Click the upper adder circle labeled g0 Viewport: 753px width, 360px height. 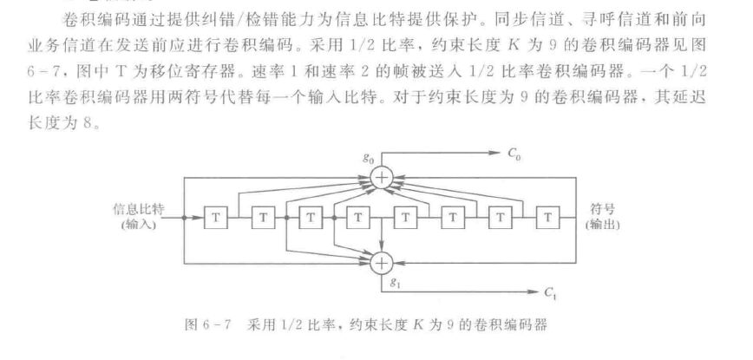[382, 178]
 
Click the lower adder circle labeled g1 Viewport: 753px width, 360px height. [382, 263]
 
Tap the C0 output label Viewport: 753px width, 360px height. [514, 154]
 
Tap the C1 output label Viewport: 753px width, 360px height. [550, 292]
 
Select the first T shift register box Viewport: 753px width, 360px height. [216, 218]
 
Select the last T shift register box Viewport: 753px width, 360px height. [547, 218]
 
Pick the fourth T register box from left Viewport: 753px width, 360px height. [357, 218]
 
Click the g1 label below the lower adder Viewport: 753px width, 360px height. [396, 284]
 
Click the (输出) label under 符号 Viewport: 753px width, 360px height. [602, 224]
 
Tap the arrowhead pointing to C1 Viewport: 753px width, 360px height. [534, 292]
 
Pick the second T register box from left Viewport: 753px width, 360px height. [263, 218]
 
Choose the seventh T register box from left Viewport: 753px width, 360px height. [501, 218]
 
